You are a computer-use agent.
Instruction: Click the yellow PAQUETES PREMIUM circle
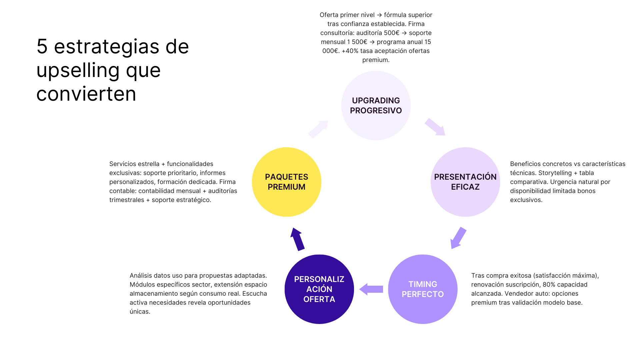pos(286,182)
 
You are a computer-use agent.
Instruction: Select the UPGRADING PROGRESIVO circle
pos(376,105)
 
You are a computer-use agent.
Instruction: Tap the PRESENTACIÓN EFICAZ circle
pos(465,182)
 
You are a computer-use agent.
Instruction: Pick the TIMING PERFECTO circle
pos(423,289)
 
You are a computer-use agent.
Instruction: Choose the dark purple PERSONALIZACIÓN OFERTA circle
pos(319,289)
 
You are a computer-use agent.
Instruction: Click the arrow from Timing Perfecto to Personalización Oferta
pos(371,289)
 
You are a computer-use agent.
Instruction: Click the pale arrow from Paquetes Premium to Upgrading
pos(318,129)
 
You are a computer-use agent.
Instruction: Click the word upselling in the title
pos(78,70)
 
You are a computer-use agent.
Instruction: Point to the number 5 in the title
pos(42,46)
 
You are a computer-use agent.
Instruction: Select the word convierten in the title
pos(86,94)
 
